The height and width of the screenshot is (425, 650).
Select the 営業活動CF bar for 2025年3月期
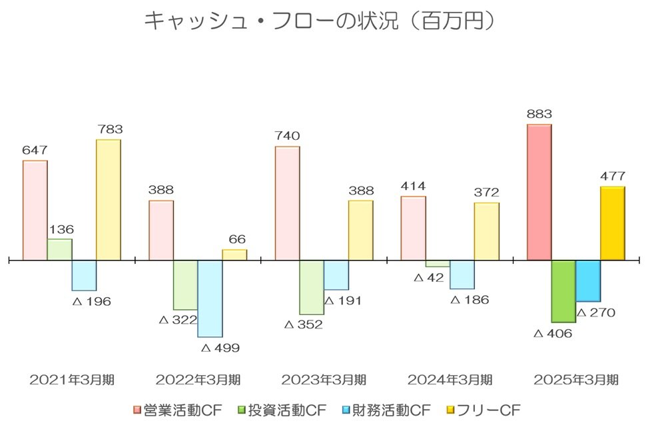coord(539,192)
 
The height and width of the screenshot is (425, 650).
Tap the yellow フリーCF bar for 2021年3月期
coord(109,199)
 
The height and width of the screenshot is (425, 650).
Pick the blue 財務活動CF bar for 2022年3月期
coord(210,298)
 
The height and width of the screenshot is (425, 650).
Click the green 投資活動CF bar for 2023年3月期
coord(312,286)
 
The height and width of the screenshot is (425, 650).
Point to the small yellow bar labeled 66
coord(234,254)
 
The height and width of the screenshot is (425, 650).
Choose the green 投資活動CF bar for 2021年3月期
coord(59,249)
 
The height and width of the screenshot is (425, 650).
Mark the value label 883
coord(539,114)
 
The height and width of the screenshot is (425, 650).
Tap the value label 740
coord(287,136)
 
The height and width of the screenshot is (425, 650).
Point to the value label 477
coord(612,177)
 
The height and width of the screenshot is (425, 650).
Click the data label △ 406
coord(553,333)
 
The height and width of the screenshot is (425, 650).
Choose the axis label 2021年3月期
coord(72,380)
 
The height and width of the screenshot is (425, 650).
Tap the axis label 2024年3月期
coord(450,380)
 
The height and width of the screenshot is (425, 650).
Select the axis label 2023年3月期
coord(324,380)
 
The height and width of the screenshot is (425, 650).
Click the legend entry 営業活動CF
coord(178,409)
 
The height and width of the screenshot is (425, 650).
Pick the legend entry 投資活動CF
coord(282,409)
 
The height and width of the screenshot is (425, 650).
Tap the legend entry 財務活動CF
coord(387,409)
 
